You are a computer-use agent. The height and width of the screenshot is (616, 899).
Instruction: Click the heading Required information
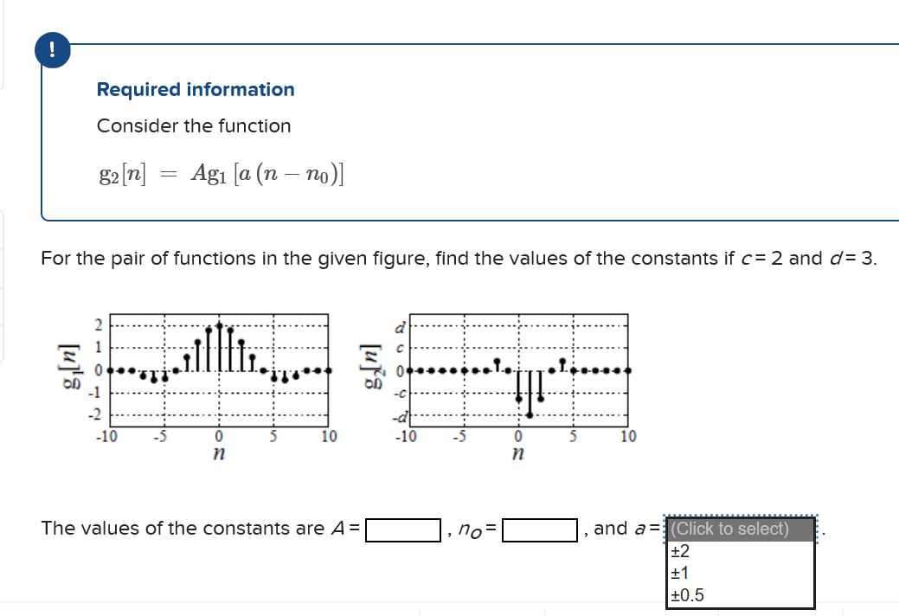[196, 90]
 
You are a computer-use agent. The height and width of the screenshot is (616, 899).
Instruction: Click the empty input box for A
[402, 529]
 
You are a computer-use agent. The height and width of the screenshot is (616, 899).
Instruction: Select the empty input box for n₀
[541, 529]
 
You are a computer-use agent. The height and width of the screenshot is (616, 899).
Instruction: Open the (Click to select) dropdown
[741, 529]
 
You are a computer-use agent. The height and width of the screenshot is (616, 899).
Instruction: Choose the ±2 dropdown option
[680, 551]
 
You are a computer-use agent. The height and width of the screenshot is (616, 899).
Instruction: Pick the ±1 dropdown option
[680, 573]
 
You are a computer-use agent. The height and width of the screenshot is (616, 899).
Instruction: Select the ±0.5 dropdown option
[688, 595]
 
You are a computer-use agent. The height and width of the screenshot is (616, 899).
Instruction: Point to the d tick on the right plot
[400, 327]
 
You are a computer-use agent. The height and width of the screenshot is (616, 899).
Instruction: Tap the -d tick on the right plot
[398, 415]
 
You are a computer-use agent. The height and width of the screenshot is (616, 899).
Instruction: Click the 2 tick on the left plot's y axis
[99, 325]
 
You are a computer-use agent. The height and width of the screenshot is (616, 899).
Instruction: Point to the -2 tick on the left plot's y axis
[97, 414]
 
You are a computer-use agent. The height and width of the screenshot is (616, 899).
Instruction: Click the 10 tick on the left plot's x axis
[329, 435]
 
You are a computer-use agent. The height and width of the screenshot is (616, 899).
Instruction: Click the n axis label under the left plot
[219, 452]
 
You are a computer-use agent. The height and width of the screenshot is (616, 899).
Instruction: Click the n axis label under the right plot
[517, 452]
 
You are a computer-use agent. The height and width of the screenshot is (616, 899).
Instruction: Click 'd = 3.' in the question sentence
[851, 259]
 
